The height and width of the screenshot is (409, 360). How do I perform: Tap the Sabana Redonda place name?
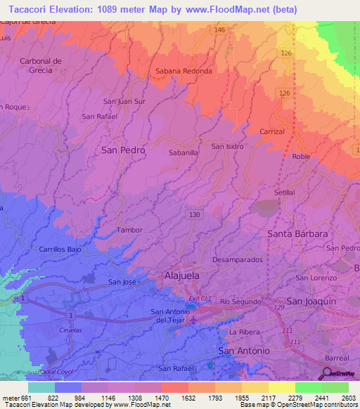coord(183,72)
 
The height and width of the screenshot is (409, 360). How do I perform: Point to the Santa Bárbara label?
coord(297,233)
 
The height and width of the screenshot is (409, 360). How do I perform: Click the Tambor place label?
coord(129,230)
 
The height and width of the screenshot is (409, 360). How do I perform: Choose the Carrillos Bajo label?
coord(61,249)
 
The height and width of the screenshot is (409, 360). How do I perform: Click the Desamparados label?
coord(237,259)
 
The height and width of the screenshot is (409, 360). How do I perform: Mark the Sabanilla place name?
coord(184,152)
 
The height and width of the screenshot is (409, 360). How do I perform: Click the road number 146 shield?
coord(220,30)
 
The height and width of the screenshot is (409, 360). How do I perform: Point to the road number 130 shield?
coord(194,214)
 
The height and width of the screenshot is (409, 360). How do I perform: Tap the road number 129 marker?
coord(278,307)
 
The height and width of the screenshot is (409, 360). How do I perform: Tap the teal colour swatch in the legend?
coord(41,387)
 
